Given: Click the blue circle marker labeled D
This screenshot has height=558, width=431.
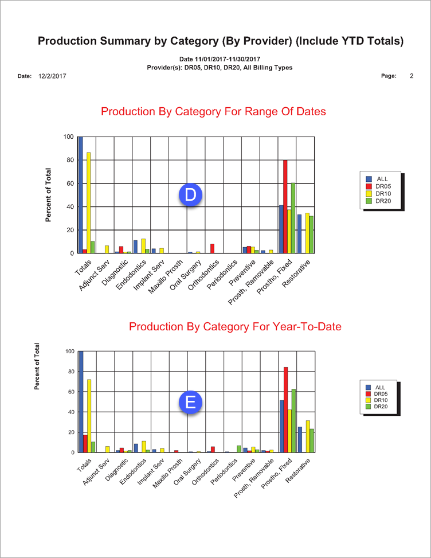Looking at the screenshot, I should (191, 195).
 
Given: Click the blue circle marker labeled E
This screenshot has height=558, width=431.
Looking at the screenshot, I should (191, 402).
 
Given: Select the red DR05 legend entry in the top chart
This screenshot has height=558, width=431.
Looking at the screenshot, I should (381, 186).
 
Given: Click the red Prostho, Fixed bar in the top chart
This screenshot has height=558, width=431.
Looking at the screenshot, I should (285, 206).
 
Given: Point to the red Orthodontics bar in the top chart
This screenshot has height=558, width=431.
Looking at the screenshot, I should (212, 248).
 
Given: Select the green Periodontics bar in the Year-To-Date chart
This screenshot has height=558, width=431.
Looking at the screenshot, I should (239, 449).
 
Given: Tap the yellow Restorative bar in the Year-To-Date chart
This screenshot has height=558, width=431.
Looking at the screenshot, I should (308, 436).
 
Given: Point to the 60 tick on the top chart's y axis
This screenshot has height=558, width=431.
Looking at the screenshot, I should (69, 184).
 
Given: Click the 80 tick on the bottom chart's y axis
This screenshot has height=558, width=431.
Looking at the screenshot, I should (69, 372).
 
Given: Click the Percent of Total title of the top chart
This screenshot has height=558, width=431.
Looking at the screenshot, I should (49, 195).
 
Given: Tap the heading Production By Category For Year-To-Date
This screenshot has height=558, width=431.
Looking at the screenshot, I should (235, 326).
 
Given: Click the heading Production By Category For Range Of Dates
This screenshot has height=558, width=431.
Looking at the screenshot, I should (213, 111).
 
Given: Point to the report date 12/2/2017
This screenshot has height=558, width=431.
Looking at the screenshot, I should (52, 76).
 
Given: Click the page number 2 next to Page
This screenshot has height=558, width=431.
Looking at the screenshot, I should (412, 76).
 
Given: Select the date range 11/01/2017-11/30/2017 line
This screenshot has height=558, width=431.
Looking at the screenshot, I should (220, 59).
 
